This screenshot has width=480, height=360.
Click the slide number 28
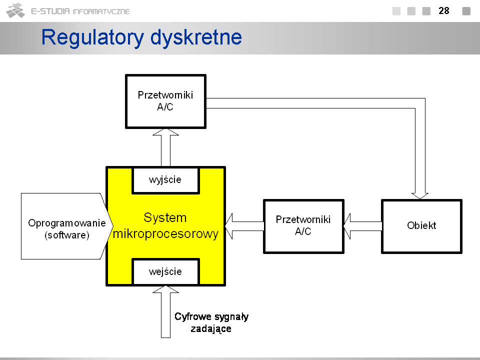coord(444,10)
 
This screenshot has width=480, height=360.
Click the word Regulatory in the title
coord(92,37)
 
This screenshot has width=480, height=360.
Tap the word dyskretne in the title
coord(196,37)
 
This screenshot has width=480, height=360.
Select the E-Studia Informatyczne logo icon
coord(15,10)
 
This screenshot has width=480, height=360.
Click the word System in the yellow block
coord(165,217)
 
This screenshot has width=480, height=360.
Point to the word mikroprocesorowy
coord(165,234)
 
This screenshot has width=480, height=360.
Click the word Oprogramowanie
coord(66,223)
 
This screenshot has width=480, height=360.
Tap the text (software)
coord(66,235)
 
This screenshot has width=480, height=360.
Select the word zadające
coord(211,329)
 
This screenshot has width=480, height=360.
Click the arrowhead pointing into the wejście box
coord(165,289)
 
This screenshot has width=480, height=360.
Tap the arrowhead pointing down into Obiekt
coord(420,196)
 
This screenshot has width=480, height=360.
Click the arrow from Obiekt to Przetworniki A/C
coord(363,226)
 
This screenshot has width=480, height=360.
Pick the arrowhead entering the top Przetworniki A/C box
coord(165,132)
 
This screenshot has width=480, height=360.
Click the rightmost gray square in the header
coord(466,11)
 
